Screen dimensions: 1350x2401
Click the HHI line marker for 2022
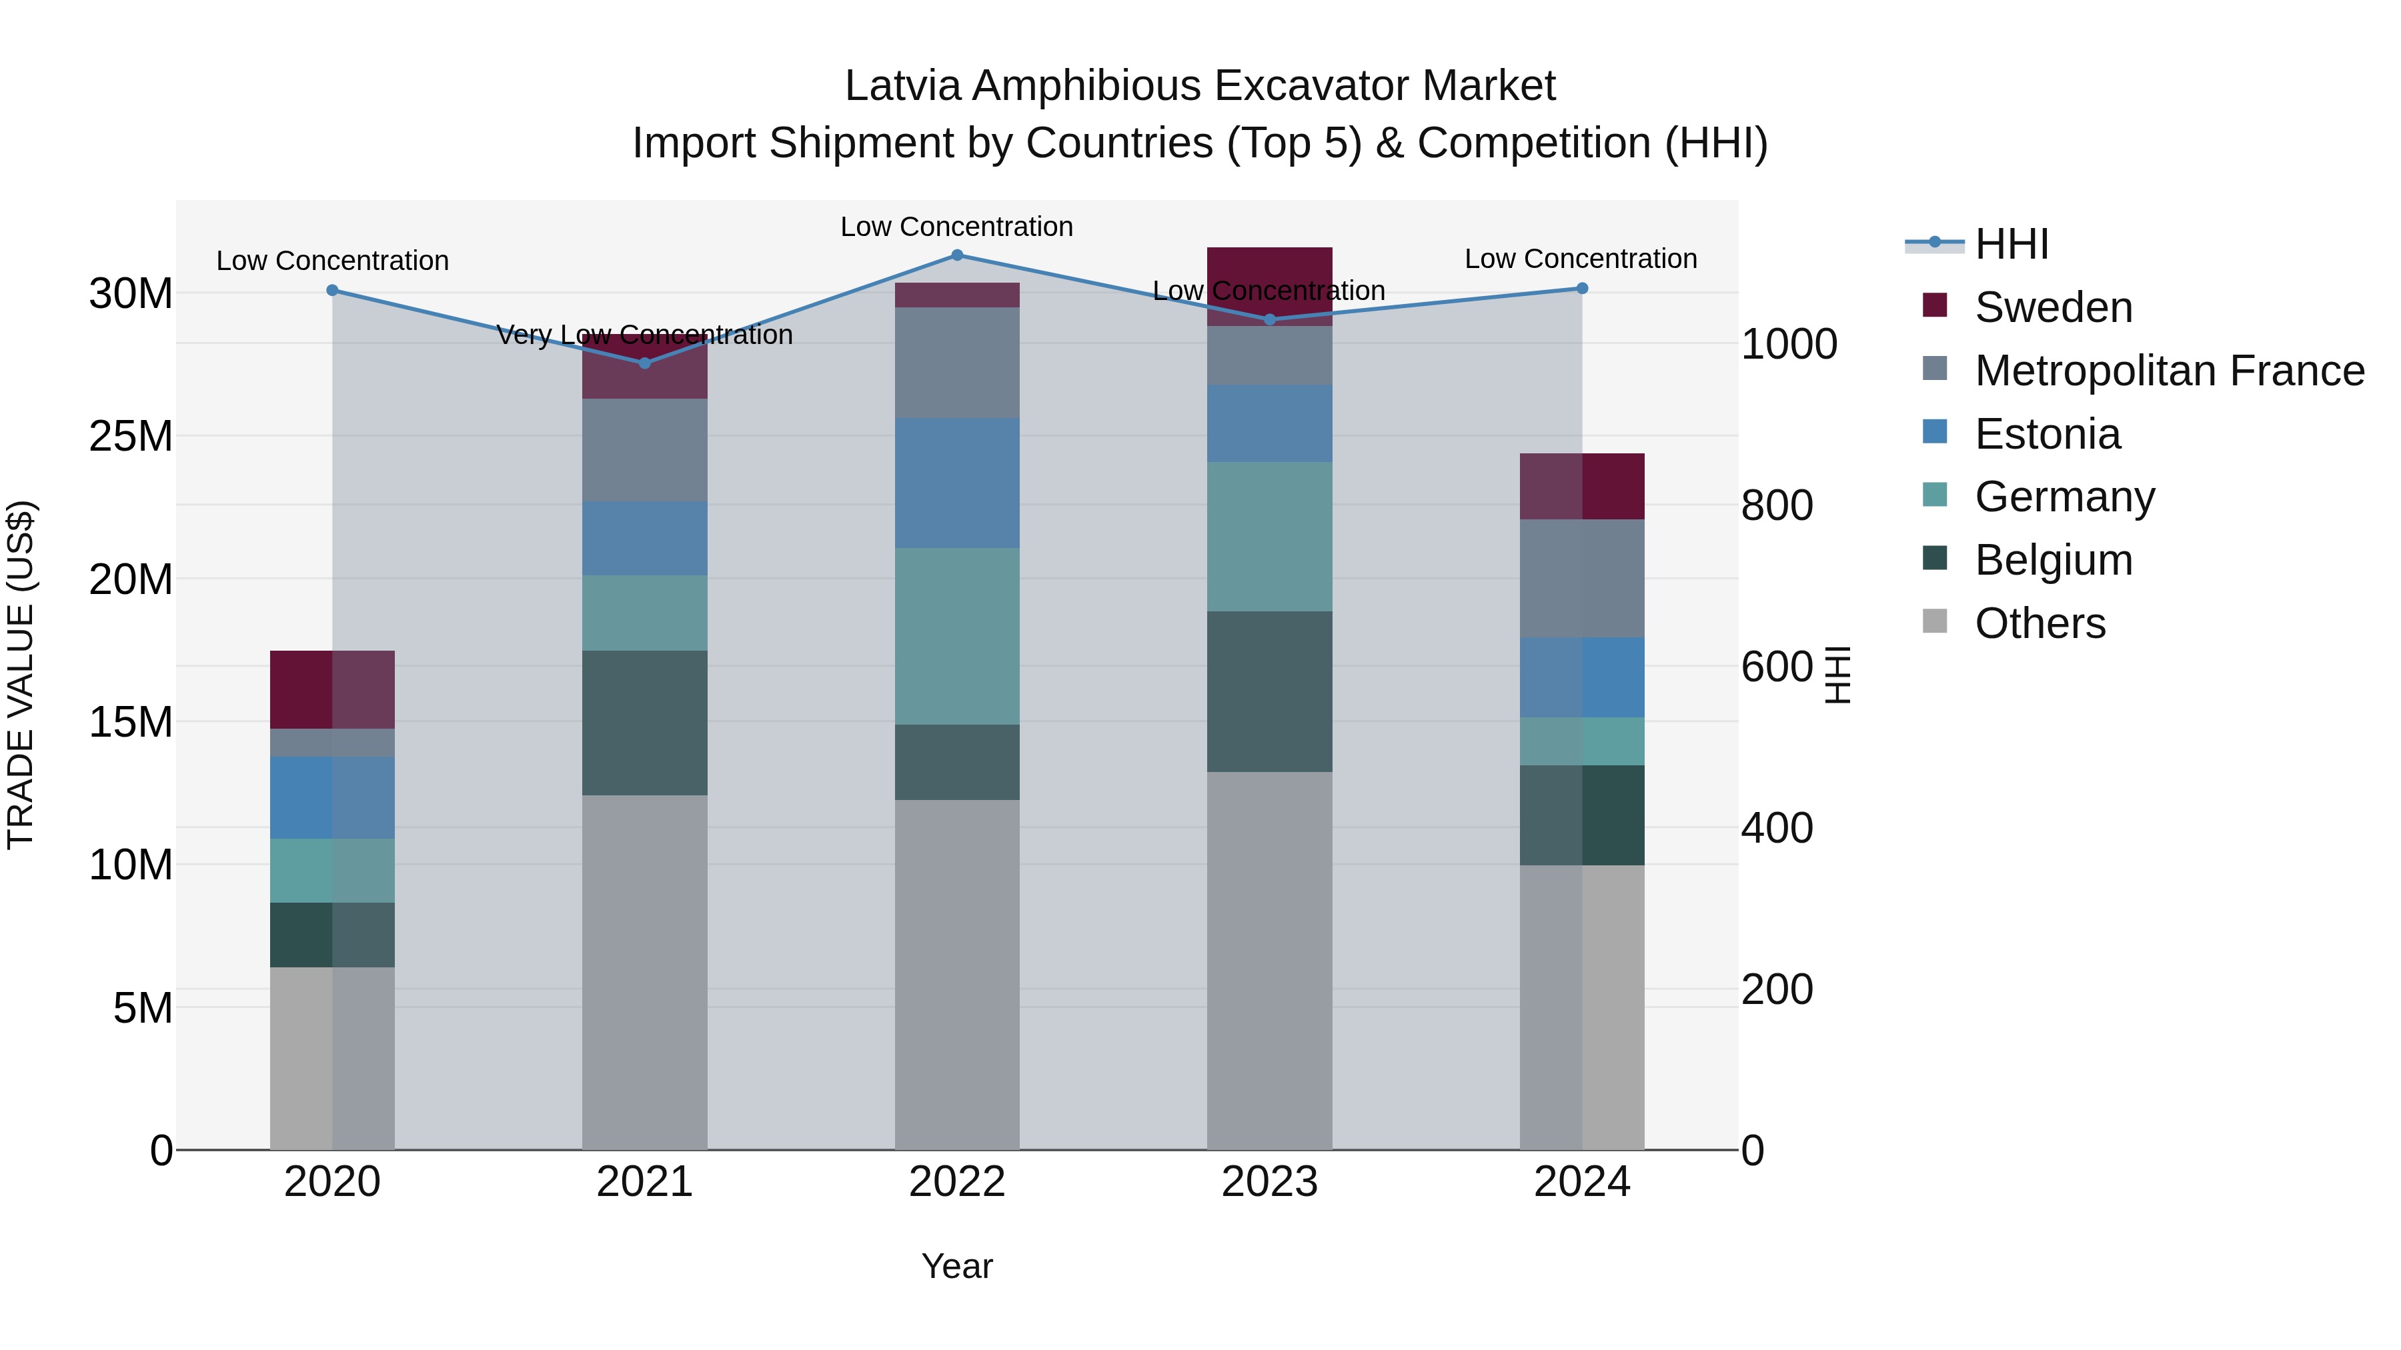[956, 255]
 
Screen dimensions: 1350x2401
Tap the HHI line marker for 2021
[644, 363]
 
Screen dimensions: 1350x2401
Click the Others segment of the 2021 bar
[644, 972]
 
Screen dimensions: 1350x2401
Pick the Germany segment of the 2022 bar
[956, 637]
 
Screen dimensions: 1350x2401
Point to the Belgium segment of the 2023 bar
[1269, 691]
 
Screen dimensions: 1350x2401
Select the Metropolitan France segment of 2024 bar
[1582, 579]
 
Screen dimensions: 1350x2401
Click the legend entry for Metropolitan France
[2169, 371]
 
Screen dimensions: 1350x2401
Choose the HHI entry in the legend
[2012, 244]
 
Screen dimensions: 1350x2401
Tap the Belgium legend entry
[2054, 560]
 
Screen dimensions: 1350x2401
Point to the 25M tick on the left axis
[131, 436]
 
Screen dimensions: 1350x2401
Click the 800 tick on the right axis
[1777, 506]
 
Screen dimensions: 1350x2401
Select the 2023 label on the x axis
[1269, 1182]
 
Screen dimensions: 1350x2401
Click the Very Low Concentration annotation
[644, 335]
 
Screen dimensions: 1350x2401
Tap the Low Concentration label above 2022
[956, 227]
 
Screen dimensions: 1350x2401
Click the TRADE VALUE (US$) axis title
[21, 675]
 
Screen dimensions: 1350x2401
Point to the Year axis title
[956, 1266]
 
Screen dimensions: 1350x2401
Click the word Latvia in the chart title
[902, 86]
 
